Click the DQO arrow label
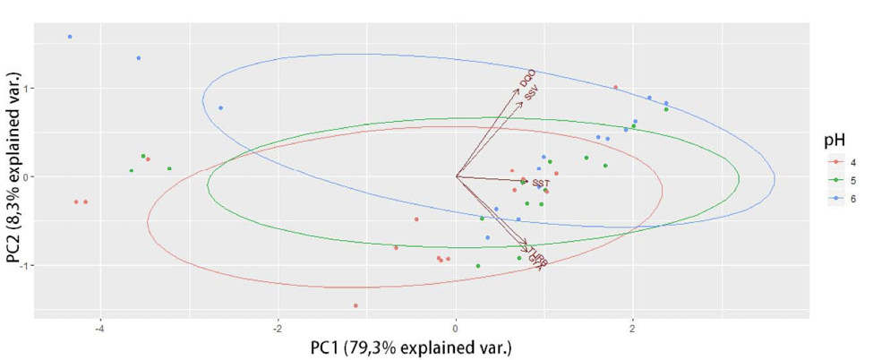[526, 78]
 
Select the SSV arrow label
[532, 92]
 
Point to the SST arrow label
[540, 184]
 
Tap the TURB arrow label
[535, 255]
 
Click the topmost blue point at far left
[70, 37]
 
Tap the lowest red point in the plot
[355, 305]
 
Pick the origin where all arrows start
[456, 176]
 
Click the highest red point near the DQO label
[615, 88]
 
